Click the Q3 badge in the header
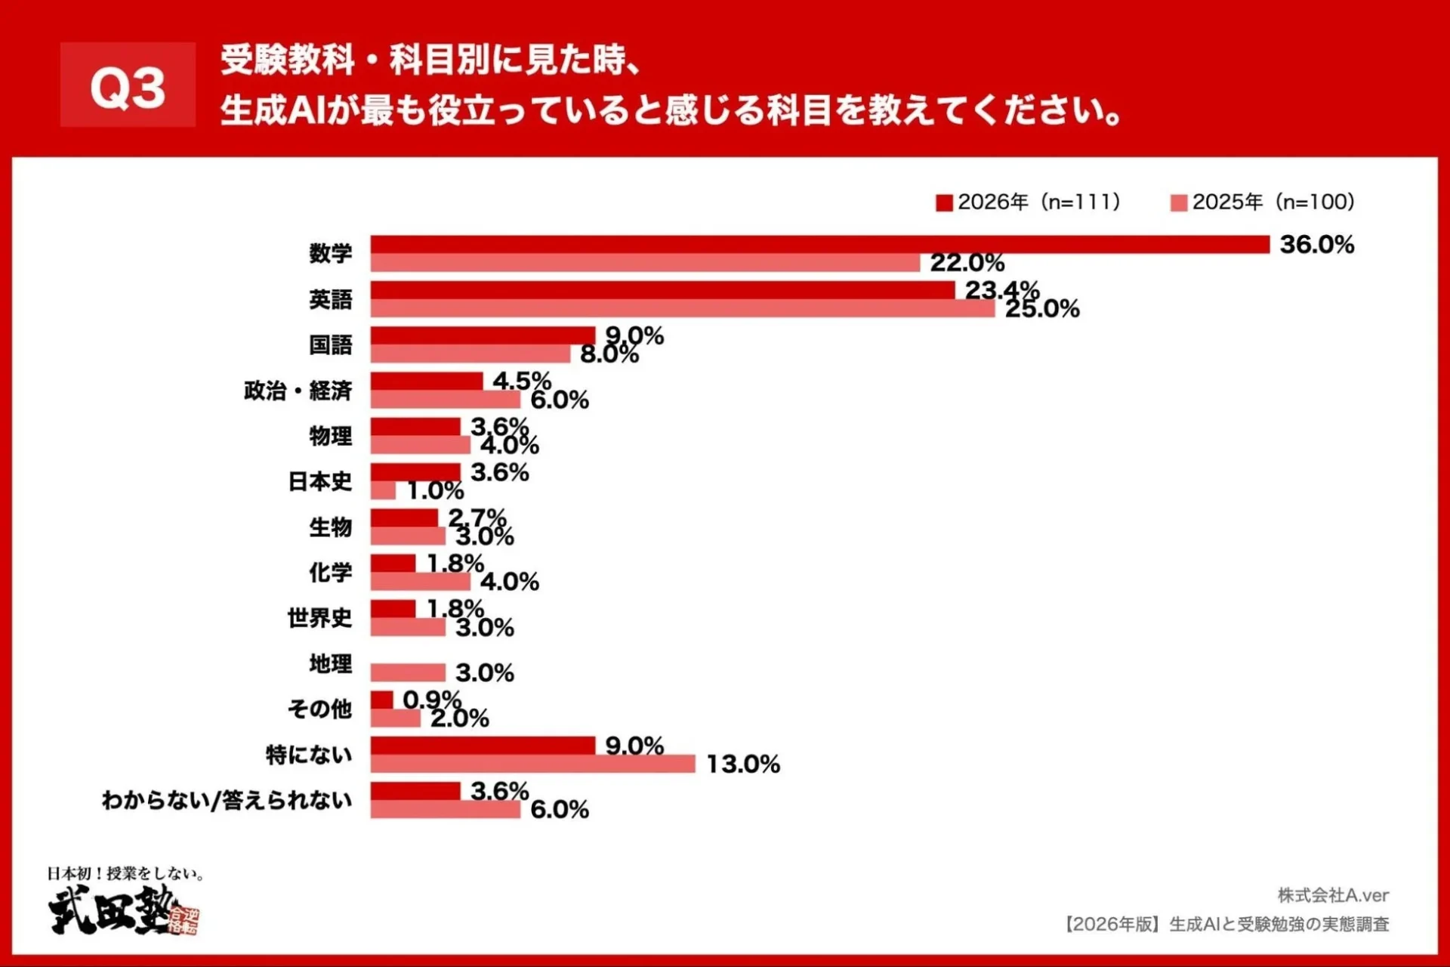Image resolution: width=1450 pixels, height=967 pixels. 128,85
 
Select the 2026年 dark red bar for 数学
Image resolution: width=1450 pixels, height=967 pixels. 819,244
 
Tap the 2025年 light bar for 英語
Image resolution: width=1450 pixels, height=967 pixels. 682,308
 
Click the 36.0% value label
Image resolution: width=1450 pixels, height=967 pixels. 1316,245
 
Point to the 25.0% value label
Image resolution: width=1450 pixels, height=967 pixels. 1042,309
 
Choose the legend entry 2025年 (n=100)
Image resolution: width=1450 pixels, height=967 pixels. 1263,202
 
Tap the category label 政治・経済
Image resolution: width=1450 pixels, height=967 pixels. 298,391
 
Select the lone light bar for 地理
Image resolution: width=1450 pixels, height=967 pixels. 408,672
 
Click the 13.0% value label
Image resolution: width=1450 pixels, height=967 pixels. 743,764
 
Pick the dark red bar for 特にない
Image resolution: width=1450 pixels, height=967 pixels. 483,746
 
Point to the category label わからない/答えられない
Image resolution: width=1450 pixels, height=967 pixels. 227,800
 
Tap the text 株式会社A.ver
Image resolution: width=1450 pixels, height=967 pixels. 1333,895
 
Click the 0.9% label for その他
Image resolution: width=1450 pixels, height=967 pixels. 431,699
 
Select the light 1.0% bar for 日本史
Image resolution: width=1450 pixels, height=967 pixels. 383,491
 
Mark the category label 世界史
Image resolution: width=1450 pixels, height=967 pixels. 319,618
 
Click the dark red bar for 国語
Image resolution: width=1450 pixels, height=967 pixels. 483,335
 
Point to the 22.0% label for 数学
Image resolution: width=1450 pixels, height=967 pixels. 967,263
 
